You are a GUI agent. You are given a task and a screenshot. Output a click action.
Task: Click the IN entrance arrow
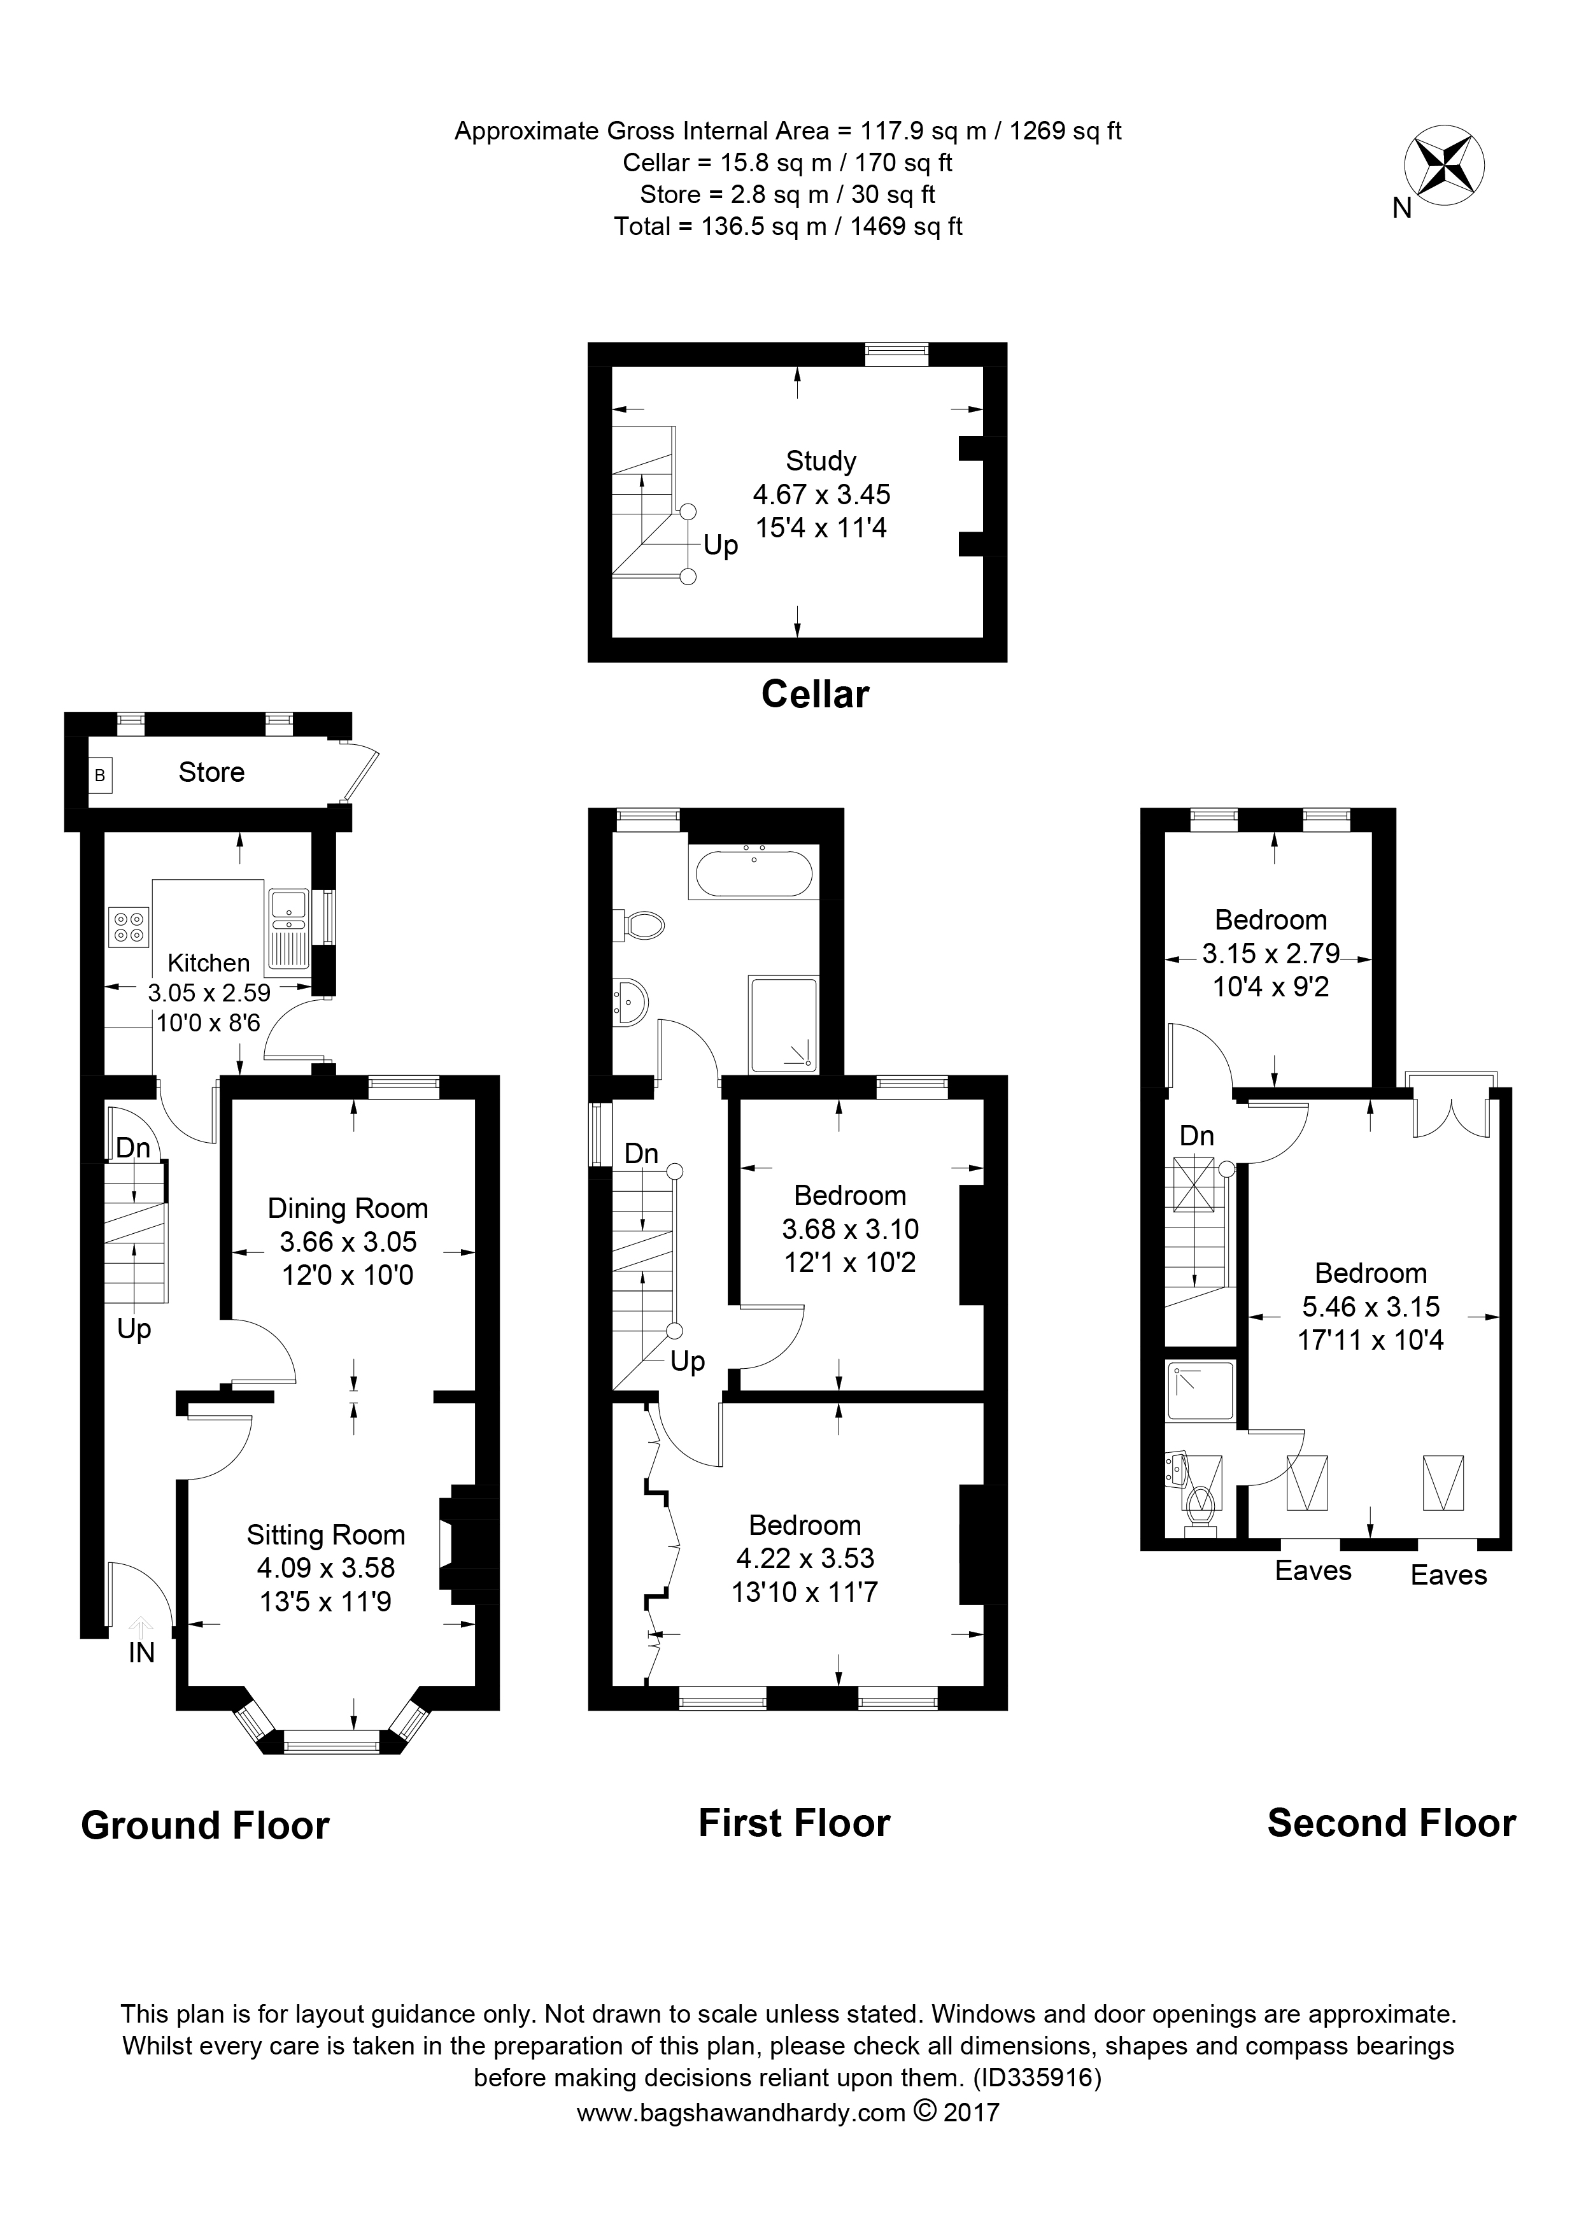[x=142, y=1627]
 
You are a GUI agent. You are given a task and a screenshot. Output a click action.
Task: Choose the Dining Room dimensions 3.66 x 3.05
[x=348, y=1241]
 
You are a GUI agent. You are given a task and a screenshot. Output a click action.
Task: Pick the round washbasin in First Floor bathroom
[x=630, y=1002]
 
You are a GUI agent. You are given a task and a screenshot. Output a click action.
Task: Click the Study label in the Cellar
[x=820, y=460]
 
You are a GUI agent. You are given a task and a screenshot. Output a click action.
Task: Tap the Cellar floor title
[x=814, y=694]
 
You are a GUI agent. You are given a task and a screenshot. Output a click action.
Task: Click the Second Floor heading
[x=1391, y=1823]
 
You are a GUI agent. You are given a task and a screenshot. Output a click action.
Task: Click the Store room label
[x=211, y=772]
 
